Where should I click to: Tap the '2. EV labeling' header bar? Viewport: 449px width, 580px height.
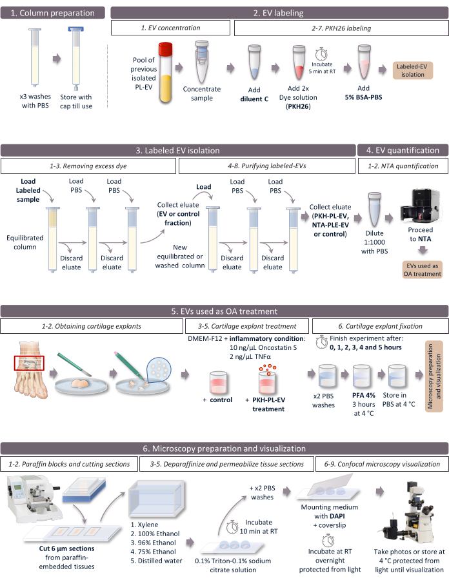coord(279,13)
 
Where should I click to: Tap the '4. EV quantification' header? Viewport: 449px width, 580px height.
coord(403,151)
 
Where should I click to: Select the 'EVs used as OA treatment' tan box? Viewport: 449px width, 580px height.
coord(423,269)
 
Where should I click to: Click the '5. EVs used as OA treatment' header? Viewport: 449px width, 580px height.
coord(224,311)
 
